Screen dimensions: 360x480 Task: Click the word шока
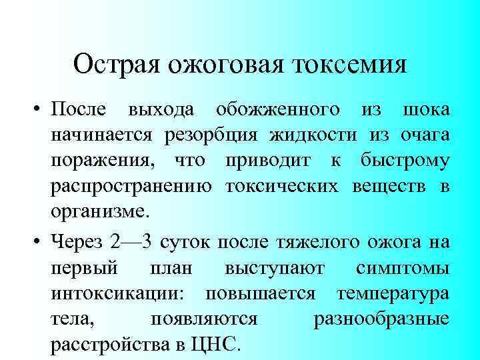pos(426,109)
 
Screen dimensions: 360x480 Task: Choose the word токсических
pos(281,188)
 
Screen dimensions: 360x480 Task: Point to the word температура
pos(393,294)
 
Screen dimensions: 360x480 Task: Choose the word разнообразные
pos(381,320)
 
